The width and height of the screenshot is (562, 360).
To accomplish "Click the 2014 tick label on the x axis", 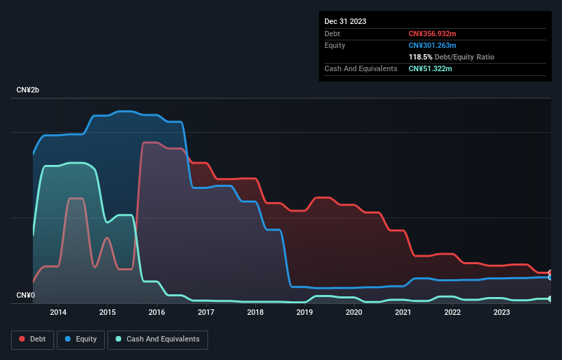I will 58,313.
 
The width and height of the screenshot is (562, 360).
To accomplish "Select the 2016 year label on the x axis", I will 157,313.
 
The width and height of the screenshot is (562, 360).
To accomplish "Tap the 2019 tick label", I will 305,313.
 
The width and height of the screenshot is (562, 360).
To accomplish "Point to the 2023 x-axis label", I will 502,313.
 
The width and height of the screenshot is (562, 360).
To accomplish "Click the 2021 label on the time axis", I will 403,313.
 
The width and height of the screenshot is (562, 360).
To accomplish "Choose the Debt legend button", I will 33,339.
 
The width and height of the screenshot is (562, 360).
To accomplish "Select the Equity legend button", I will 81,339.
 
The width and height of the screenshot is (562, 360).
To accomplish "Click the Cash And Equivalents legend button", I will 157,339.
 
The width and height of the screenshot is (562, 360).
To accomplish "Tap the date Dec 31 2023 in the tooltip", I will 345,21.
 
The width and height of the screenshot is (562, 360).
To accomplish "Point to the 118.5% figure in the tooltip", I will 420,57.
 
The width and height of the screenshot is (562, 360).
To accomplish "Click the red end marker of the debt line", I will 550,272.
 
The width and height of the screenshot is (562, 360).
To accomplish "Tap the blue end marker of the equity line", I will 550,277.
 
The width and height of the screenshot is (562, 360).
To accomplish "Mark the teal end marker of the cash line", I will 550,298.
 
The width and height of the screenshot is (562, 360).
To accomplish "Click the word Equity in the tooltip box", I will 335,45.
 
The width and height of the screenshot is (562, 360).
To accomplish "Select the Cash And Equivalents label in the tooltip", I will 361,68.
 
